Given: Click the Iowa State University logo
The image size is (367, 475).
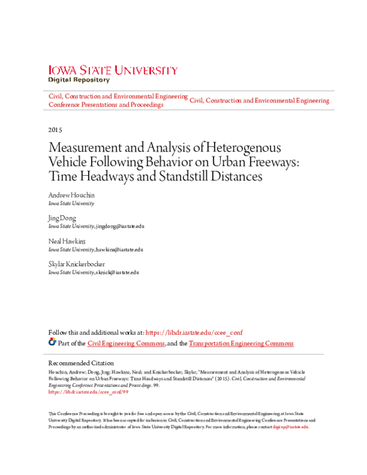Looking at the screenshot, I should [113, 70].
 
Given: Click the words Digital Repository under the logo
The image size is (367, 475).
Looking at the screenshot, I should [79, 80].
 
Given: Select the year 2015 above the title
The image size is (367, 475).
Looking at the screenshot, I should [54, 130].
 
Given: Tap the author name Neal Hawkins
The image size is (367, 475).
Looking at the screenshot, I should [65, 241].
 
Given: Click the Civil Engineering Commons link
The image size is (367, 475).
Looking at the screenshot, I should [126, 343].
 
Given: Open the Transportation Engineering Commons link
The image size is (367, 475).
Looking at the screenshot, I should [241, 343].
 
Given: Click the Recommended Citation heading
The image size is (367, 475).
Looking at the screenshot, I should [81, 363].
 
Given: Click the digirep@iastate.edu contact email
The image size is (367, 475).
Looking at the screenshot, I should [291, 427].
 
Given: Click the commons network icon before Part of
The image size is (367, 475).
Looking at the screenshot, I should [52, 343].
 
